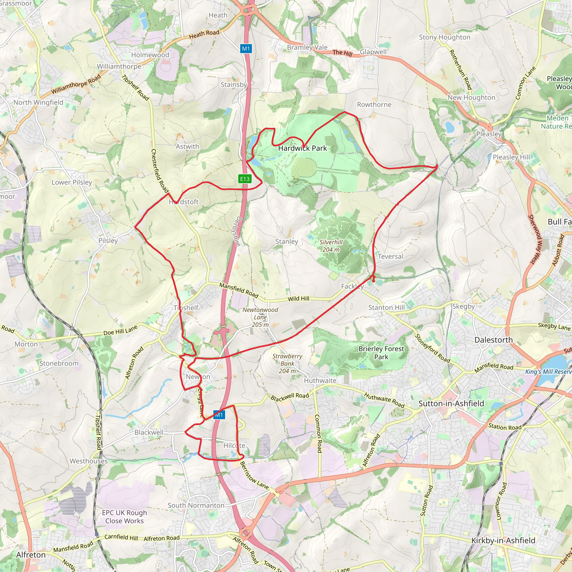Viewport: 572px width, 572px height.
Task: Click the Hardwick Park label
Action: tap(302, 148)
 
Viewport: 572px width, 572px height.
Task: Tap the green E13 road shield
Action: tap(245, 179)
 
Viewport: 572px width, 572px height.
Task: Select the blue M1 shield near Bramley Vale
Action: tap(246, 49)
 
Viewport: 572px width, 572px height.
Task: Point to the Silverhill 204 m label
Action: tap(331, 246)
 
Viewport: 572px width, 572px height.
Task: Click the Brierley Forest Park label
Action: tap(381, 353)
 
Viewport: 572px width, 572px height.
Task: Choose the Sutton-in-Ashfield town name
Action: tap(451, 404)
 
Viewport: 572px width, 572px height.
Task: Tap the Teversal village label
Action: tap(390, 256)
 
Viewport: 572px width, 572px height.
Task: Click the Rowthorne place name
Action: tap(374, 104)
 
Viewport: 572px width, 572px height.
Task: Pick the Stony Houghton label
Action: tap(444, 37)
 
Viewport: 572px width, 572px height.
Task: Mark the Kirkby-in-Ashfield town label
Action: tap(503, 541)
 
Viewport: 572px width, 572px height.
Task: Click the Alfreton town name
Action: tap(31, 554)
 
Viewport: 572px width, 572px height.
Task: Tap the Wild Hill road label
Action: tap(299, 299)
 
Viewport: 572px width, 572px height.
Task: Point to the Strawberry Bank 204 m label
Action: tap(287, 363)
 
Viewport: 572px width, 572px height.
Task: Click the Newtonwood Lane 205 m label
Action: tap(260, 317)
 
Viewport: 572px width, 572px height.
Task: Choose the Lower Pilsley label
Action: tap(72, 182)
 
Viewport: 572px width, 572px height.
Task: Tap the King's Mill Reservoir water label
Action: tap(548, 372)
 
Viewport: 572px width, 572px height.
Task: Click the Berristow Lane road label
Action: tap(254, 475)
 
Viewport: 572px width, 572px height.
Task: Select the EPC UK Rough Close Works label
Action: tap(124, 517)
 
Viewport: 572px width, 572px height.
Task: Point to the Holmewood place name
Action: tap(150, 55)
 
